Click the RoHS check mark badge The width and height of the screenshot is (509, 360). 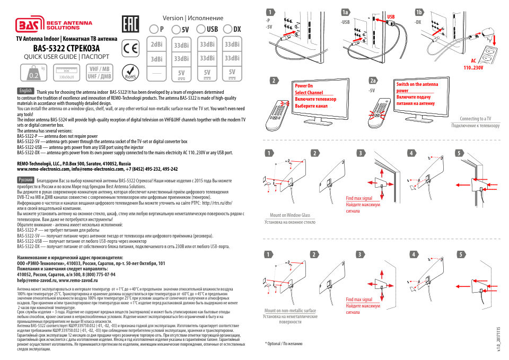(130, 72)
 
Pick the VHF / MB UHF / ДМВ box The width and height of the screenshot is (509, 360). (99, 73)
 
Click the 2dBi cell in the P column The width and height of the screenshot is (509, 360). (156, 45)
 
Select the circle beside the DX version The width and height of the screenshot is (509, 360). (229, 29)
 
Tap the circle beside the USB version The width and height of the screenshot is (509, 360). (201, 29)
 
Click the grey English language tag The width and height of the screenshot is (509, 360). (25, 91)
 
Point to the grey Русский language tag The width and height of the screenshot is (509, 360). (27, 180)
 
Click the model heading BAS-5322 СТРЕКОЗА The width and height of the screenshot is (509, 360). (66, 48)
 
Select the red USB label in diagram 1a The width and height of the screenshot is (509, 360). (391, 17)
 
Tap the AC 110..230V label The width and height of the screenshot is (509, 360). (474, 65)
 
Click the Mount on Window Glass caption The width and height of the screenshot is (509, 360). (289, 215)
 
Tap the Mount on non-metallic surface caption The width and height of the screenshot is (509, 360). (290, 311)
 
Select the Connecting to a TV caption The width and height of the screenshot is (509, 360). (475, 119)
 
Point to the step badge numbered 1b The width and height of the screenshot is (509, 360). (419, 12)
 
